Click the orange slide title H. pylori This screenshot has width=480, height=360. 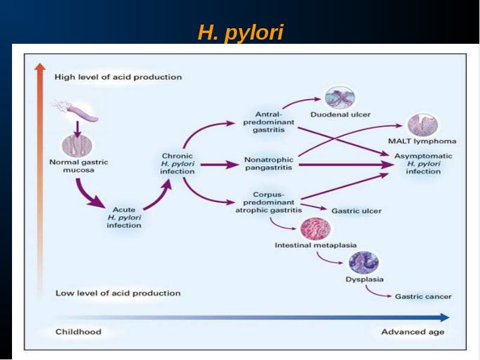[x=241, y=32]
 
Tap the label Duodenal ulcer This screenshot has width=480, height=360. [x=340, y=115]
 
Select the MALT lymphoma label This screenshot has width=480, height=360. [x=422, y=141]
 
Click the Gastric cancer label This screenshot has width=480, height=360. [x=423, y=296]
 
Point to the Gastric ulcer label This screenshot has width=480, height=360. [x=356, y=211]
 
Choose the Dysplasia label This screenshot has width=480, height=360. [x=364, y=279]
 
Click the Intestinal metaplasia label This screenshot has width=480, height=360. [x=316, y=245]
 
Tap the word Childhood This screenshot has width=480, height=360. [x=79, y=332]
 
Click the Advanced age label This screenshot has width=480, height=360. [x=413, y=332]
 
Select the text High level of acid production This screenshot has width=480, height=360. [x=118, y=77]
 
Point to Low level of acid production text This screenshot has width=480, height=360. [x=118, y=293]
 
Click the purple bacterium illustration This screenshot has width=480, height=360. [x=77, y=110]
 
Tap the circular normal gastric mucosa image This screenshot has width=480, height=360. [x=77, y=145]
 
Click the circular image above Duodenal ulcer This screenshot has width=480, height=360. [x=340, y=97]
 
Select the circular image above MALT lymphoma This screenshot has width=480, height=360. [x=423, y=125]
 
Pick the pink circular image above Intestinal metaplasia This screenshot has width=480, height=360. [x=316, y=229]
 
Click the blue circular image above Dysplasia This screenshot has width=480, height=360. [x=364, y=263]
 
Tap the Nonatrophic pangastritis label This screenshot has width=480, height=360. [x=268, y=163]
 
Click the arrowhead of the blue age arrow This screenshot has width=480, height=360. [x=445, y=317]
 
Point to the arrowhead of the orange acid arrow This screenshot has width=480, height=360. [x=40, y=67]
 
